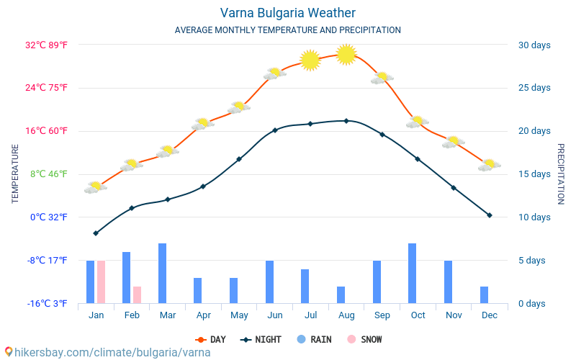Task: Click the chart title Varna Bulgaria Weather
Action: click(x=287, y=13)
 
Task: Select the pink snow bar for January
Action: click(x=101, y=282)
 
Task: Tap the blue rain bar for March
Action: click(x=162, y=273)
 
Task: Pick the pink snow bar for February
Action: click(x=137, y=294)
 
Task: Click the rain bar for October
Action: click(x=413, y=273)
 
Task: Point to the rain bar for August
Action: click(x=341, y=294)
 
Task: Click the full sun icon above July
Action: click(x=310, y=60)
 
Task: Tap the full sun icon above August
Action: click(x=346, y=54)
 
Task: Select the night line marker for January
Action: click(x=96, y=233)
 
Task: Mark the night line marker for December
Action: click(x=490, y=215)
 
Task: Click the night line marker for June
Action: click(x=274, y=130)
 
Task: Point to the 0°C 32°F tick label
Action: click(x=48, y=217)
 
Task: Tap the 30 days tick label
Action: click(x=534, y=45)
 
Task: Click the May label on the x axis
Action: click(x=239, y=315)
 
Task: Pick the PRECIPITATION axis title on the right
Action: click(x=561, y=174)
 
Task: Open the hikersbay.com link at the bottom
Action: click(x=108, y=352)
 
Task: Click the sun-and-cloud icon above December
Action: click(x=489, y=165)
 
